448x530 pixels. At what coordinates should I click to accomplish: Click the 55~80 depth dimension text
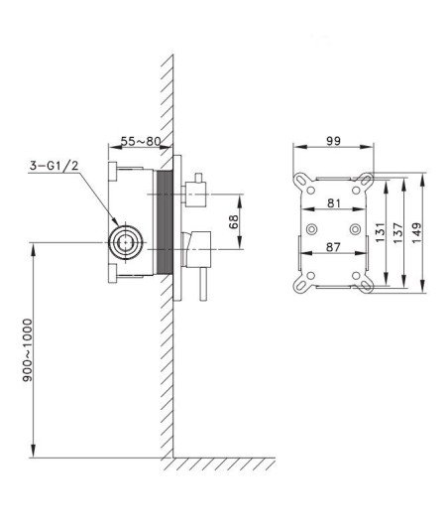pyautogui.click(x=141, y=141)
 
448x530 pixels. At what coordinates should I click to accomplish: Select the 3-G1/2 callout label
pyautogui.click(x=54, y=166)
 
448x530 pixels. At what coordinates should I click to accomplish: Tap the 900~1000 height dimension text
pyautogui.click(x=28, y=350)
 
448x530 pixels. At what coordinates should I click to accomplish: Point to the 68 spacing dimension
pyautogui.click(x=234, y=221)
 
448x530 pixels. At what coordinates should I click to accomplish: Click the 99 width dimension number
pyautogui.click(x=334, y=141)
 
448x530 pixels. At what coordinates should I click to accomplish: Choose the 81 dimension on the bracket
pyautogui.click(x=334, y=203)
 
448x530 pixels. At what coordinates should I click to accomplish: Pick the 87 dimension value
pyautogui.click(x=333, y=247)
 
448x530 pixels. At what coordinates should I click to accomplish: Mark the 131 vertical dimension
pyautogui.click(x=381, y=232)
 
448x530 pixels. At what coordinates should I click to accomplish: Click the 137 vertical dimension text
pyautogui.click(x=398, y=232)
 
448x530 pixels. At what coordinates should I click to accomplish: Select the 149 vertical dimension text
pyautogui.click(x=416, y=232)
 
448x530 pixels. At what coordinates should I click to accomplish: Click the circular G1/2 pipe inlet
pyautogui.click(x=126, y=242)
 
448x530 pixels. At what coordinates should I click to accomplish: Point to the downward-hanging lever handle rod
pyautogui.click(x=203, y=284)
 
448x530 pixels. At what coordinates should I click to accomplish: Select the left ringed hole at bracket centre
pyautogui.click(x=311, y=229)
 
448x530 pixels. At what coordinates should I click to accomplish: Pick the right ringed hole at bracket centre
pyautogui.click(x=355, y=229)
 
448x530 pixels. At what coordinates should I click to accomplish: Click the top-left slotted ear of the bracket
pyautogui.click(x=302, y=181)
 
